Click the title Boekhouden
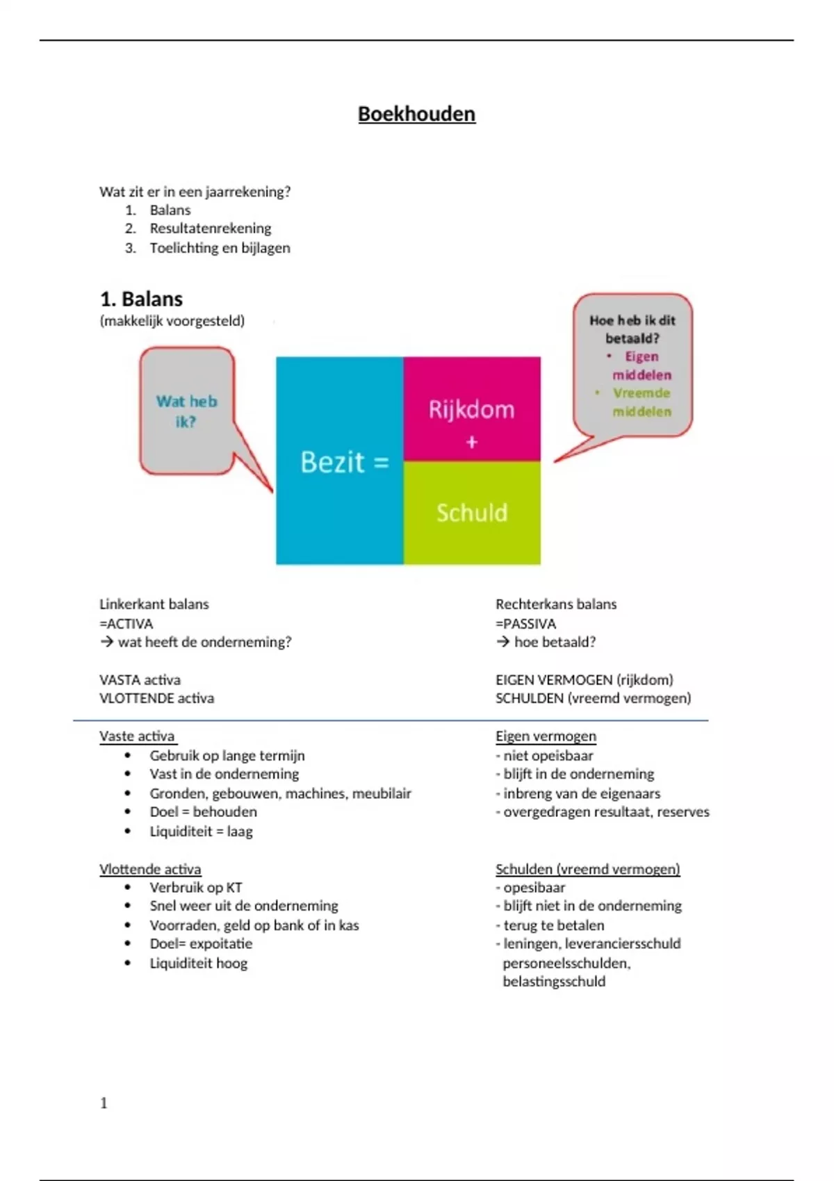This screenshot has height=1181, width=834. pyautogui.click(x=416, y=114)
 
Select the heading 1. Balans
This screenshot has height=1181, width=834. pyautogui.click(x=141, y=299)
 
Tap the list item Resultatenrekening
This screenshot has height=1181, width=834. pyautogui.click(x=210, y=229)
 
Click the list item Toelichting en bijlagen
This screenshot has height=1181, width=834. pyautogui.click(x=220, y=248)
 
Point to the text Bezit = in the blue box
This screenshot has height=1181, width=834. pyautogui.click(x=344, y=462)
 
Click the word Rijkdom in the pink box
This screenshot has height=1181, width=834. pyautogui.click(x=471, y=409)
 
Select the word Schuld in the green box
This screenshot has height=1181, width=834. pyautogui.click(x=471, y=513)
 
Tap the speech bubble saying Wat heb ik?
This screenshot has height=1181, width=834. pyautogui.click(x=186, y=411)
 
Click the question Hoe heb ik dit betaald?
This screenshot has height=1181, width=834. pyautogui.click(x=632, y=329)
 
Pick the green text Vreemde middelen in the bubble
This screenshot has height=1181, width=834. pyautogui.click(x=641, y=402)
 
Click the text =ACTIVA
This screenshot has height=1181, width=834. pyautogui.click(x=126, y=624)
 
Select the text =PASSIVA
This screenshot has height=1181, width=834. pyautogui.click(x=525, y=624)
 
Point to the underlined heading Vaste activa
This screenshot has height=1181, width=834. pyautogui.click(x=137, y=736)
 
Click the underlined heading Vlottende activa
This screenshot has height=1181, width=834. pyautogui.click(x=149, y=869)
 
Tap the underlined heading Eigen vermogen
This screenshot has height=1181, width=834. pyautogui.click(x=546, y=736)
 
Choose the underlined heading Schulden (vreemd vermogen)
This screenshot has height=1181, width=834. pyautogui.click(x=587, y=869)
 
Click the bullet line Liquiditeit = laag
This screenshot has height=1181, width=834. pyautogui.click(x=201, y=832)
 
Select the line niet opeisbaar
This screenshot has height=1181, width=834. pyautogui.click(x=547, y=756)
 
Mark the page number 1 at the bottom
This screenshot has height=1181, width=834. pyautogui.click(x=104, y=1103)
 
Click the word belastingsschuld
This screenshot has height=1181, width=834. pyautogui.click(x=554, y=982)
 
